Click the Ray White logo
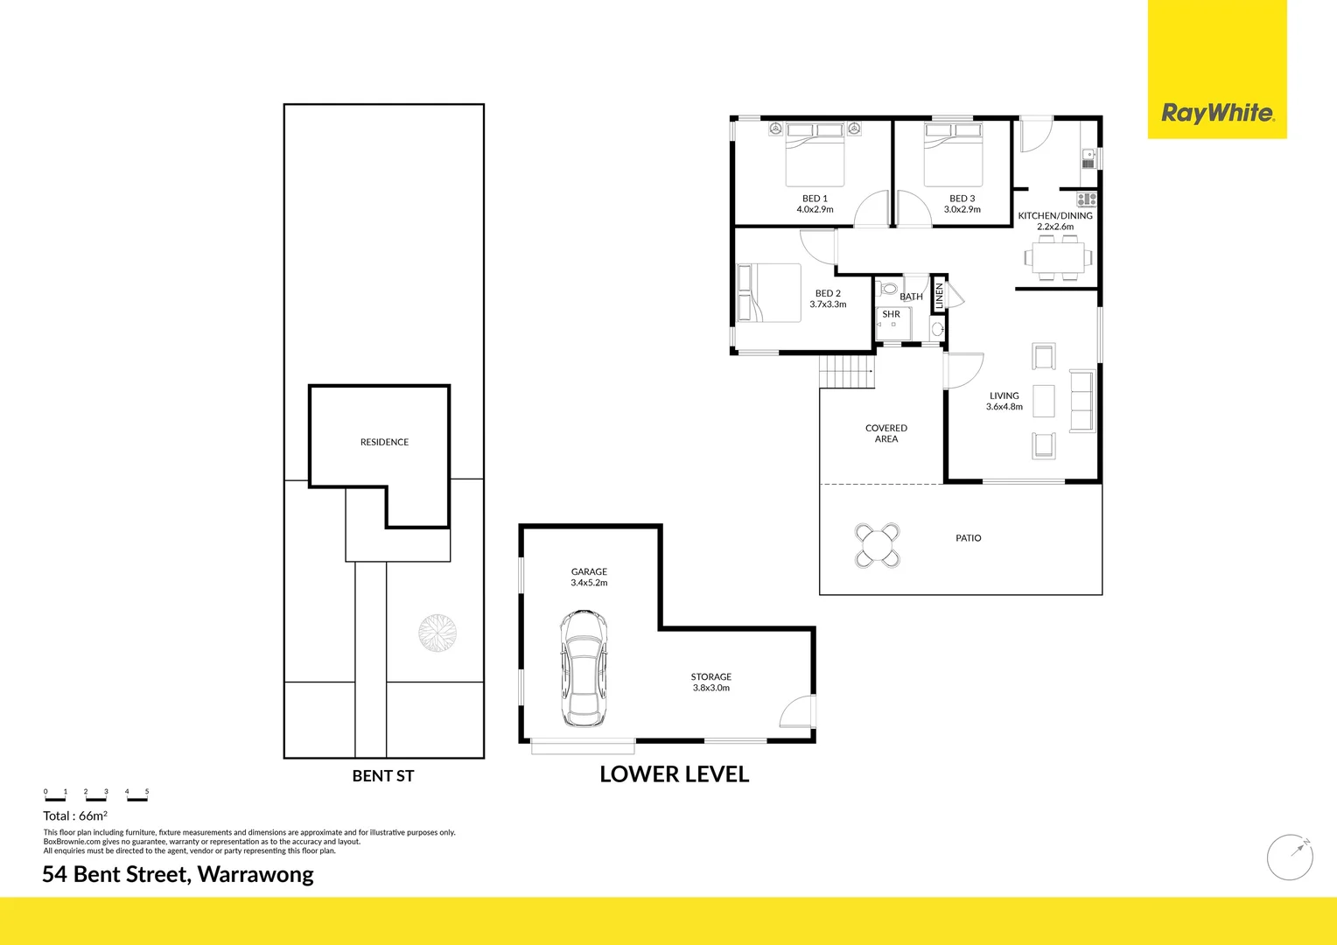tap(1217, 113)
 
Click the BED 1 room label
tap(815, 199)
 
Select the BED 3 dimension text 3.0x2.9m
tap(962, 210)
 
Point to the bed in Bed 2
tap(769, 293)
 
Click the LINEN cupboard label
tap(939, 296)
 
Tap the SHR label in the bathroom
tap(891, 314)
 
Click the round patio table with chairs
tap(877, 545)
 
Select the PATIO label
tap(968, 538)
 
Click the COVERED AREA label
tap(885, 433)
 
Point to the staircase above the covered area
tap(847, 372)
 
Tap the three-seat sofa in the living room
tap(1082, 401)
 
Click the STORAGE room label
tap(710, 676)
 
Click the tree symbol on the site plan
tap(437, 633)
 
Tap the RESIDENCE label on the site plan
tap(384, 442)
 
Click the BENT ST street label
tap(383, 776)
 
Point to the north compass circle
tap(1290, 857)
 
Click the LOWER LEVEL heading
tap(674, 774)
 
